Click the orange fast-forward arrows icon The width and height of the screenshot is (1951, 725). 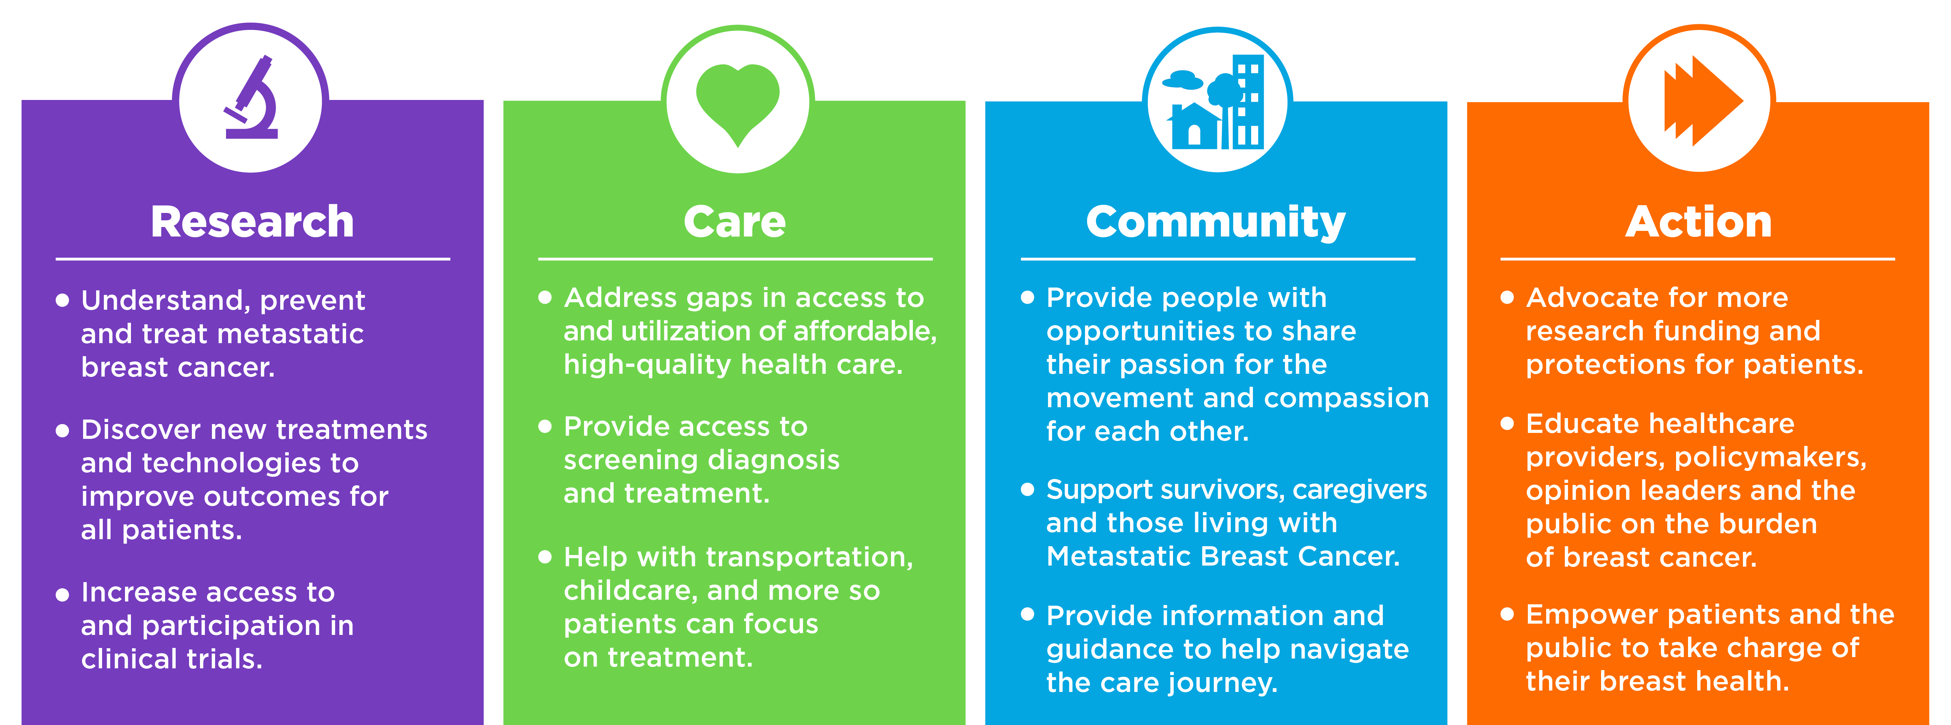(x=1702, y=101)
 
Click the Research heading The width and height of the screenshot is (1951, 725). (x=252, y=222)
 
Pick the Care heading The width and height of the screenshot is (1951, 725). (x=735, y=222)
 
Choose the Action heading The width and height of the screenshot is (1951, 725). (x=1699, y=222)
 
